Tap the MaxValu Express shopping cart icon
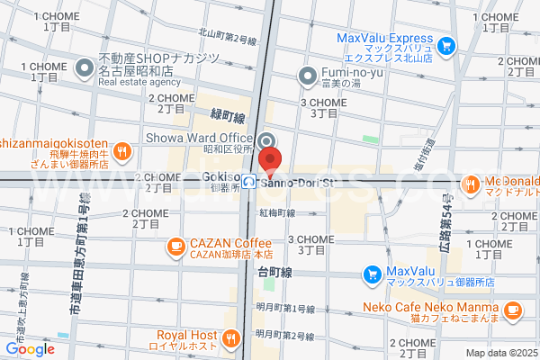(447, 45)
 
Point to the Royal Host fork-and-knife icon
(231, 339)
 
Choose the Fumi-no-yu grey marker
(307, 74)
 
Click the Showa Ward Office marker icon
(268, 140)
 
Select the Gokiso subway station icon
(248, 181)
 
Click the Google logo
(30, 349)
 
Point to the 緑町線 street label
(227, 117)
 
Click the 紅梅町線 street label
(277, 213)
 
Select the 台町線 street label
(274, 271)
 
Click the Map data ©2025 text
(501, 351)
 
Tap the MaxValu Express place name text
(385, 39)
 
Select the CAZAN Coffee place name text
(229, 243)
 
